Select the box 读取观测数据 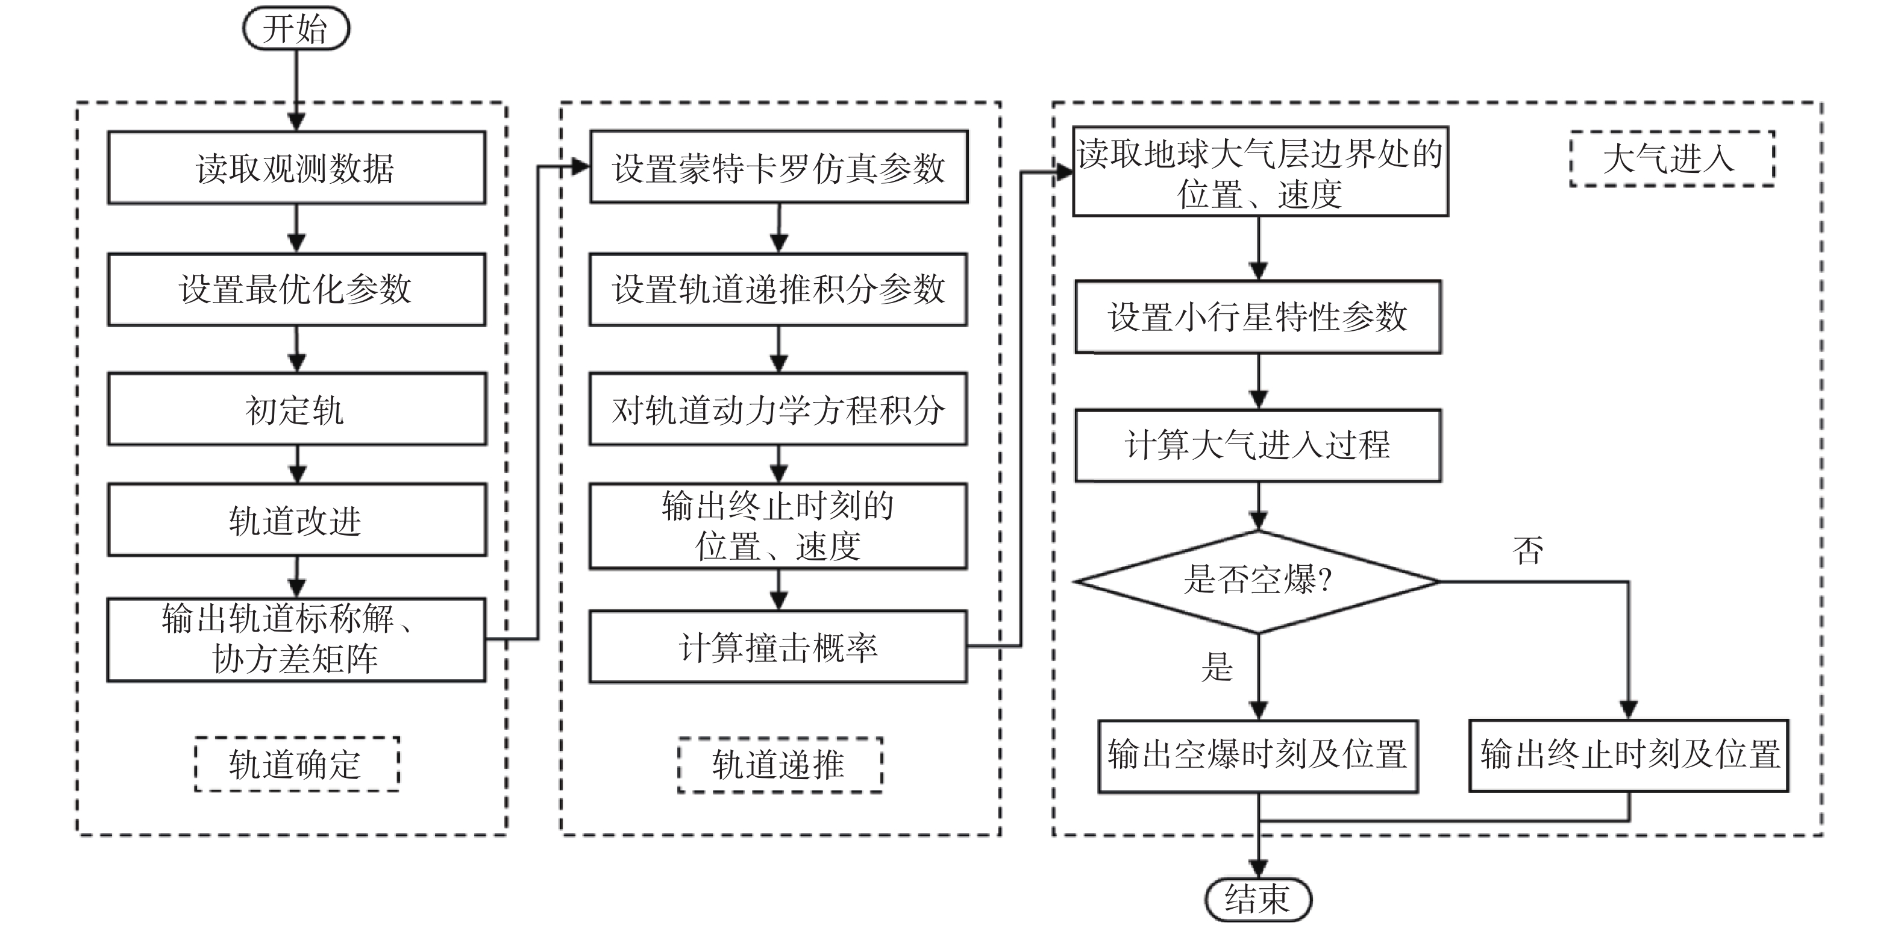[x=296, y=168]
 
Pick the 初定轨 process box [x=296, y=409]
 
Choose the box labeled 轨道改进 [x=296, y=519]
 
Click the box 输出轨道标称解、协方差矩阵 [x=296, y=640]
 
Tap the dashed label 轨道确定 [x=296, y=764]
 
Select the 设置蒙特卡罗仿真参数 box [x=779, y=166]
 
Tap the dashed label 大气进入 [x=1672, y=158]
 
